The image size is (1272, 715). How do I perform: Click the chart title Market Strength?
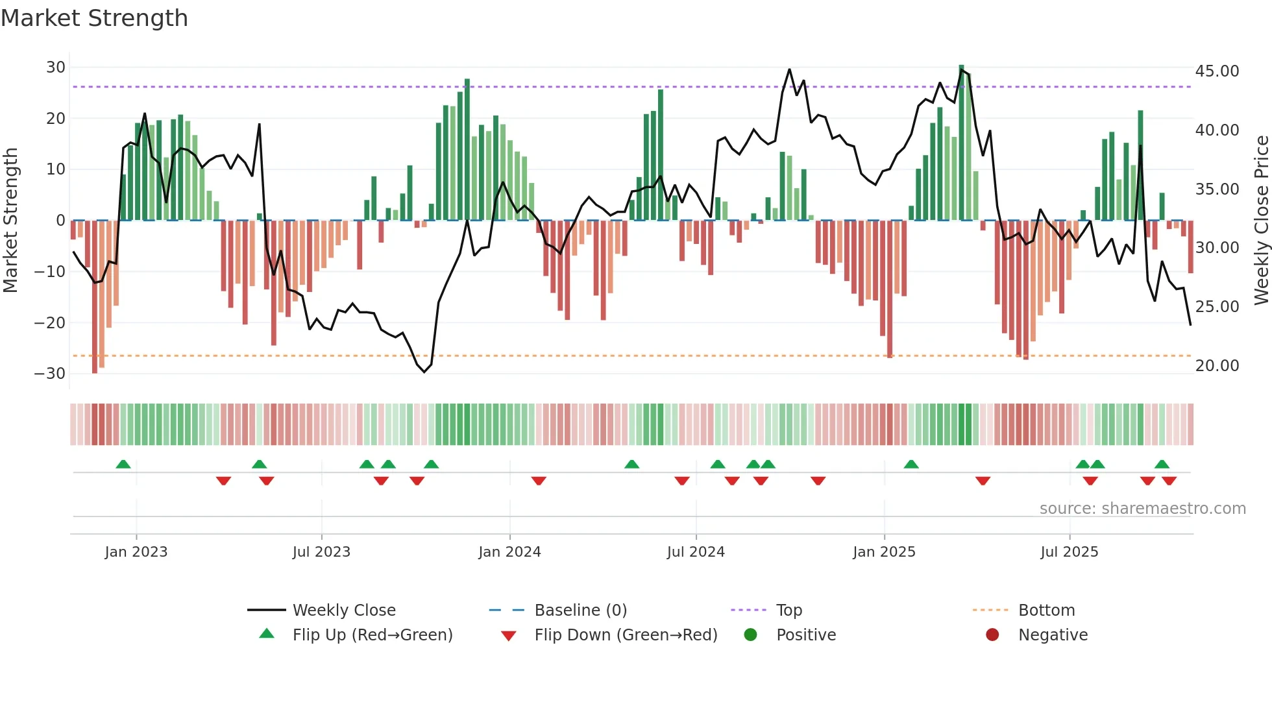click(x=94, y=18)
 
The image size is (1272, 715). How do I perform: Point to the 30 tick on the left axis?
click(x=55, y=67)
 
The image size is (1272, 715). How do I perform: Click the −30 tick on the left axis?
click(x=50, y=374)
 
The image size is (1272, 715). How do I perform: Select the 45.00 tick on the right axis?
click(x=1217, y=71)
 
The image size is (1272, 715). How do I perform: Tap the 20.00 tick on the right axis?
click(x=1217, y=366)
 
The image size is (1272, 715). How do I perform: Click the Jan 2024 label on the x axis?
click(x=509, y=552)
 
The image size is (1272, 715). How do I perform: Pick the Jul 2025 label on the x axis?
click(x=1069, y=552)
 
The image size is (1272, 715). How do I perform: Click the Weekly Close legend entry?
click(x=343, y=611)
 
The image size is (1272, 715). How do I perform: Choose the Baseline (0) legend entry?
click(x=580, y=611)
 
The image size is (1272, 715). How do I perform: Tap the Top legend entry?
click(x=789, y=611)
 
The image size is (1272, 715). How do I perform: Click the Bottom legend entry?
click(x=1046, y=611)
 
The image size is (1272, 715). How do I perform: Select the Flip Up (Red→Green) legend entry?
click(x=372, y=635)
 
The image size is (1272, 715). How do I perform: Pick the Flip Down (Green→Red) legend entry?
click(x=625, y=635)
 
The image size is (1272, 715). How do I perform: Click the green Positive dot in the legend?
click(x=751, y=635)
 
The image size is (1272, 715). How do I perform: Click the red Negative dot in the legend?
click(x=992, y=635)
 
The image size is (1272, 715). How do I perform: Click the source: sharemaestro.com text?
click(x=1142, y=509)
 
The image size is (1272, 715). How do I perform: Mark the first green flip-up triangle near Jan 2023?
click(x=123, y=464)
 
